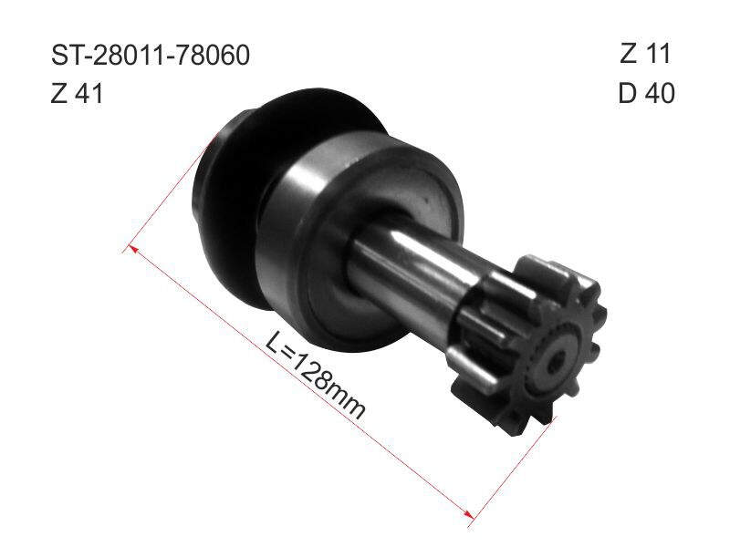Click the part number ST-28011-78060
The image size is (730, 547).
point(151,55)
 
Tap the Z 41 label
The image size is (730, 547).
point(77,94)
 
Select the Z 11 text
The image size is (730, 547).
point(645,53)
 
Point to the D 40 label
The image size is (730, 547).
point(646,93)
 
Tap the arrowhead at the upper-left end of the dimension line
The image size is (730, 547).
point(133,250)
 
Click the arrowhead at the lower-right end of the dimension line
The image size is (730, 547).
point(468,513)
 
